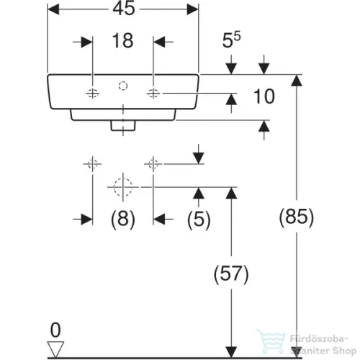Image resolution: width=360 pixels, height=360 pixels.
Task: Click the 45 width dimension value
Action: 124,9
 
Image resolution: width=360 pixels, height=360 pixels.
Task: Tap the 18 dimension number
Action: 122,40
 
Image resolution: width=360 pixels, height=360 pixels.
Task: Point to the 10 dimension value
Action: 264,96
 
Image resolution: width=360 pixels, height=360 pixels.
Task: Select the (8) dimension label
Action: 123,219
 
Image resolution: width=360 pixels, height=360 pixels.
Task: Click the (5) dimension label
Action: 199,219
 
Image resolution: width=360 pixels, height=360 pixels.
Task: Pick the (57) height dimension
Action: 231,274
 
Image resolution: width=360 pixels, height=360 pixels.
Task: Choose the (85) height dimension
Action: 297,217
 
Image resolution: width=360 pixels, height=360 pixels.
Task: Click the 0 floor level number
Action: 55,330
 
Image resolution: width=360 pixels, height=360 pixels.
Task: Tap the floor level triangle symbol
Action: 55,349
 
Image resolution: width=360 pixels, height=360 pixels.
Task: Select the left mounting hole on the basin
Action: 93,93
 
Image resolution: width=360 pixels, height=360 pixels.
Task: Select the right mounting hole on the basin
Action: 153,93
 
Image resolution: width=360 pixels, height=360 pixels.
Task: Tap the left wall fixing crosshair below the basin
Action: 93,164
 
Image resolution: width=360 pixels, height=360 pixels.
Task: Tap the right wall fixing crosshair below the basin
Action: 153,164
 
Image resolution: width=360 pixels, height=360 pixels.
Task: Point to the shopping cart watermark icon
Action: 271,341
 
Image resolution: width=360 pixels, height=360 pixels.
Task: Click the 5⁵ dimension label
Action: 231,40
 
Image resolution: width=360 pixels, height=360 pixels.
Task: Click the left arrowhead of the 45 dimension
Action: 53,9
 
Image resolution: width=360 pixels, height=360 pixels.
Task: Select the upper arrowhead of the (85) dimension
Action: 297,81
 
